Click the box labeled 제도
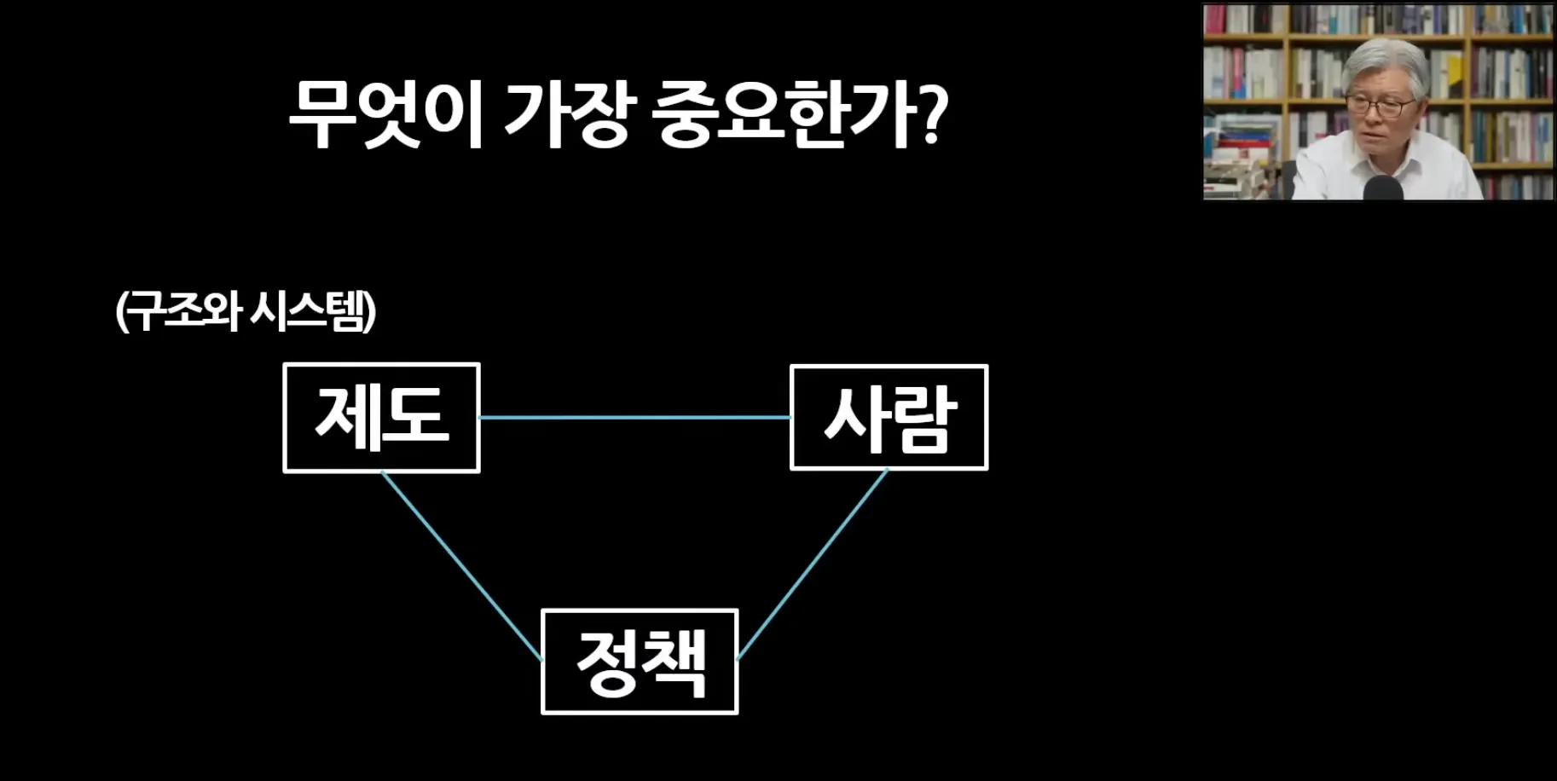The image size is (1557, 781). (x=381, y=418)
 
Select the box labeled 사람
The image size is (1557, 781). (x=888, y=418)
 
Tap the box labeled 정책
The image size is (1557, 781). (x=640, y=662)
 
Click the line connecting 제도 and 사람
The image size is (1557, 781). (x=635, y=418)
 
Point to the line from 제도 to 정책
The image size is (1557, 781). (x=461, y=565)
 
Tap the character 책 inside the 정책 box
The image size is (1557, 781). (x=674, y=663)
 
